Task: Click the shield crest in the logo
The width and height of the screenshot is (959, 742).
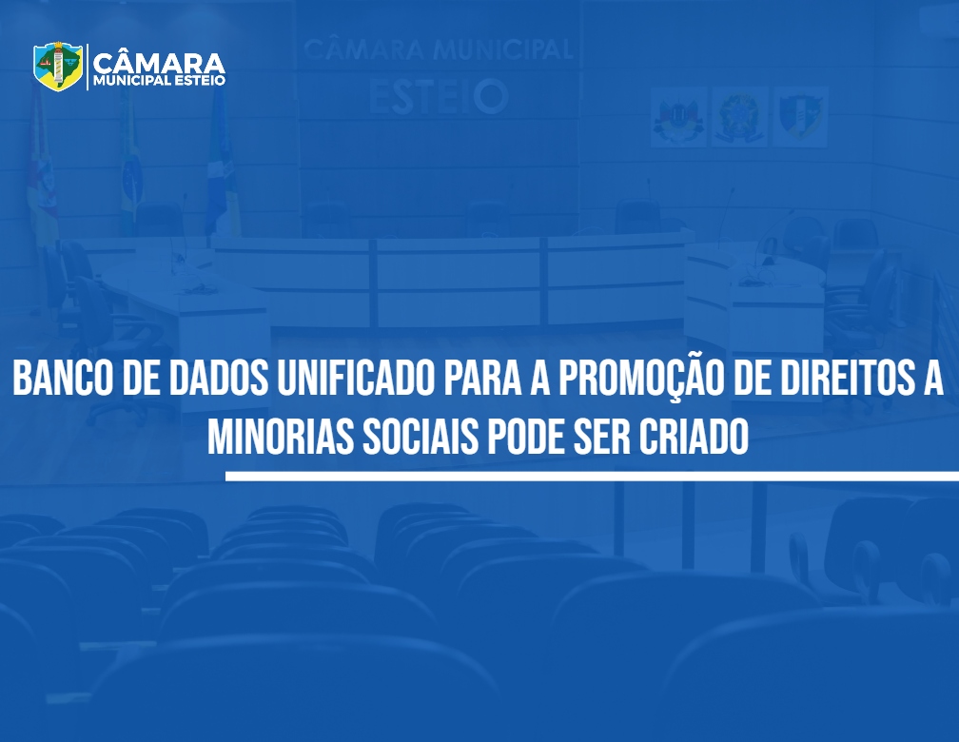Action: tap(58, 66)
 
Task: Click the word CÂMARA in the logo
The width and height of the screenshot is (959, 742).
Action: tap(159, 62)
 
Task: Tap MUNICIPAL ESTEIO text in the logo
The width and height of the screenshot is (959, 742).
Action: tap(159, 81)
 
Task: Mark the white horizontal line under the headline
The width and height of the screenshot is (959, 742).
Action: tap(592, 477)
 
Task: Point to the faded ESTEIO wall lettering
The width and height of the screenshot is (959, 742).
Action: tap(440, 96)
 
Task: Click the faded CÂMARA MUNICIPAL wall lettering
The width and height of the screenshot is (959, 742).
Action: tap(438, 49)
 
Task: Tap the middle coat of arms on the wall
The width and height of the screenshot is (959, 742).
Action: tap(739, 116)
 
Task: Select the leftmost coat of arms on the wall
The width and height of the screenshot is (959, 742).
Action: tap(679, 116)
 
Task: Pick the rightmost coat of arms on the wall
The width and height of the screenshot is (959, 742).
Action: tap(800, 116)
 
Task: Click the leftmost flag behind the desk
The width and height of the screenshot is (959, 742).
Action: tap(43, 171)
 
